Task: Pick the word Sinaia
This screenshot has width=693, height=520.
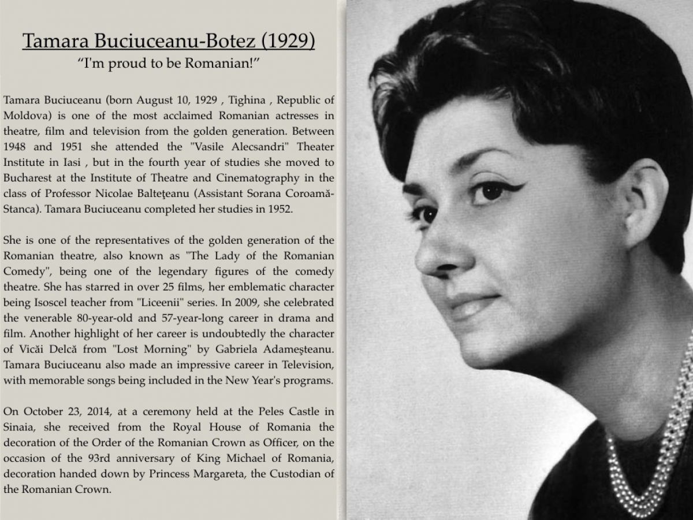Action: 20,428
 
